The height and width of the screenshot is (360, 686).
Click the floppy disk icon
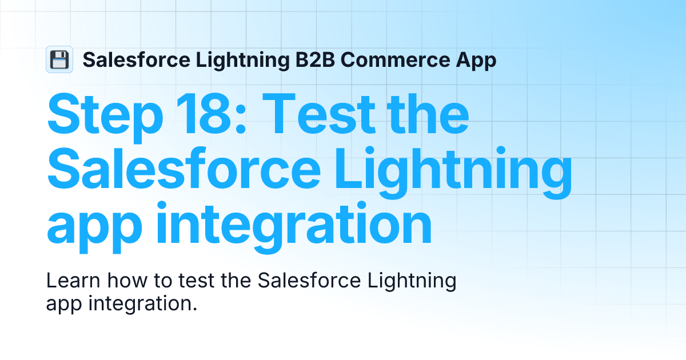pos(59,59)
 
